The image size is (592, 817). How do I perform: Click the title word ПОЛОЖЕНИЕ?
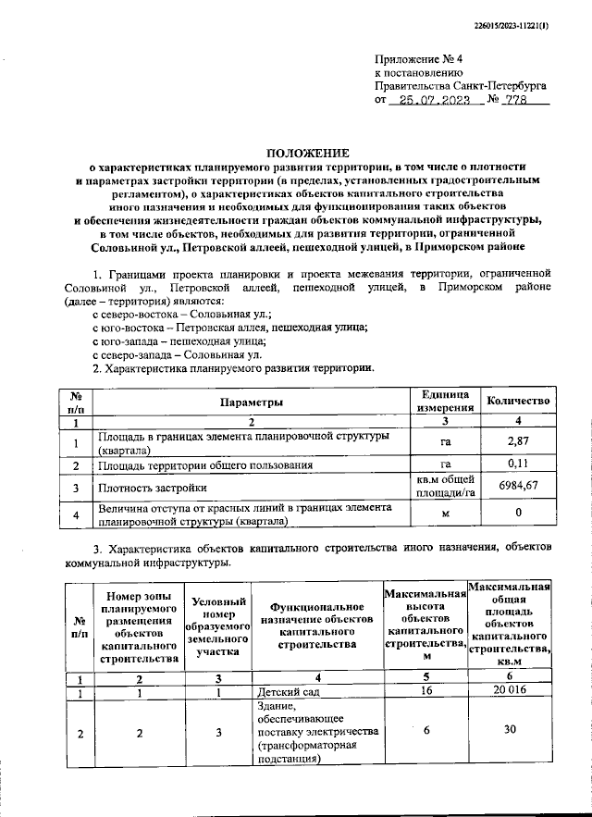(307, 152)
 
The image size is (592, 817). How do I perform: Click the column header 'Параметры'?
(251, 402)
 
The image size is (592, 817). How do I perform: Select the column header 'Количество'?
(519, 402)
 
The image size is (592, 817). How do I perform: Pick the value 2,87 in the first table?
(518, 441)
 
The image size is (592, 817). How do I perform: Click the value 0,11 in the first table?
(518, 464)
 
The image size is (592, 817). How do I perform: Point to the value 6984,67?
(518, 486)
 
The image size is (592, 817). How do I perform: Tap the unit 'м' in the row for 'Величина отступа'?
(445, 514)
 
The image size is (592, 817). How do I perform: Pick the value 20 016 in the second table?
(510, 692)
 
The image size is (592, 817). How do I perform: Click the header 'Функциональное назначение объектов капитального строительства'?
(315, 626)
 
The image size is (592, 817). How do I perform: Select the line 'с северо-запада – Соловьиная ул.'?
(178, 354)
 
